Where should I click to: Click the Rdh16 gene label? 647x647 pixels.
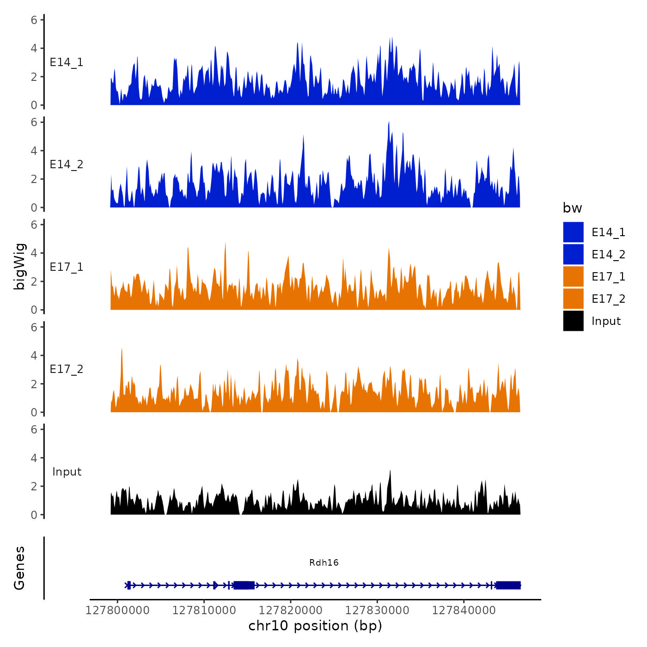323,562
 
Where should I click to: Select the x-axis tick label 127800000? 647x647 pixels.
117,610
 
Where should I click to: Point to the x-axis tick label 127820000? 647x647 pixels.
291,610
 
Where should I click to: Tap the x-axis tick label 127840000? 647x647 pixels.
464,610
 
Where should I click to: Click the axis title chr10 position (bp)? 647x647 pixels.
315,626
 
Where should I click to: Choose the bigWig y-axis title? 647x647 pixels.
19,267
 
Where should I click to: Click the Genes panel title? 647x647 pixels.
19,568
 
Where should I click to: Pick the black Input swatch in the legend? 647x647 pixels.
573,321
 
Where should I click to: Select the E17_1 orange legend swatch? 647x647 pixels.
573,276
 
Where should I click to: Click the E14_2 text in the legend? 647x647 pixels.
608,255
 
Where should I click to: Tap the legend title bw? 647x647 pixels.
572,208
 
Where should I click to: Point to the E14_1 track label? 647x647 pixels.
67,62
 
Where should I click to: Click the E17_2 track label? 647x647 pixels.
67,369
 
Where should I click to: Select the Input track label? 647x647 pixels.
67,472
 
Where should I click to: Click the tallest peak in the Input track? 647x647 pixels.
390,471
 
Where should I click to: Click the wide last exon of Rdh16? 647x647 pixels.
508,585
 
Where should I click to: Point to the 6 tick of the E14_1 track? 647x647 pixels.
34,20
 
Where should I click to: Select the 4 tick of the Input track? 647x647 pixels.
34,458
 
